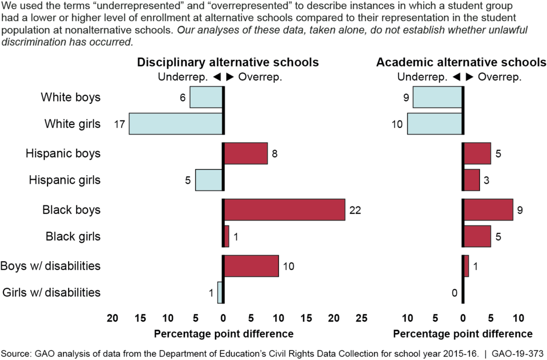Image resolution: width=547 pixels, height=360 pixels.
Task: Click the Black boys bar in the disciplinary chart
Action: [284, 209]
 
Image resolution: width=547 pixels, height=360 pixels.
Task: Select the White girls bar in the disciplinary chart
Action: [176, 123]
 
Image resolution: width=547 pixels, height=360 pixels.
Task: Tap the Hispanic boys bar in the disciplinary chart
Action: [246, 153]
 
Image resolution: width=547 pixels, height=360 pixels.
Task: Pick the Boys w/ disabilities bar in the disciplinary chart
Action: [251, 266]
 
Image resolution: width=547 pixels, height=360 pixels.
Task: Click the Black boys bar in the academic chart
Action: [488, 209]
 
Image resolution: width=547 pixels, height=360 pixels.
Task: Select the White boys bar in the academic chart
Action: [438, 97]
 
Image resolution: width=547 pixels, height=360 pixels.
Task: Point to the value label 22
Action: [356, 210]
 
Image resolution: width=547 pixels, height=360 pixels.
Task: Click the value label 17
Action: [118, 124]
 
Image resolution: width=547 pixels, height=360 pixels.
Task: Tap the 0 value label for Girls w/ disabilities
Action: [454, 292]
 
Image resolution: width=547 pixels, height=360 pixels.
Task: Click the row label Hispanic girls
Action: [64, 180]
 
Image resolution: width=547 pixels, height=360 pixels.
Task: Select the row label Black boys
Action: [71, 210]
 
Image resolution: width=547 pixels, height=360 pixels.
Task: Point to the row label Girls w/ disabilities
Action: [52, 292]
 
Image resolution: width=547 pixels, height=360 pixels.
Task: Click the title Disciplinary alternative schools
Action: [228, 62]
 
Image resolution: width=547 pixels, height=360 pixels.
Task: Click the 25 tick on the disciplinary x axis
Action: [362, 318]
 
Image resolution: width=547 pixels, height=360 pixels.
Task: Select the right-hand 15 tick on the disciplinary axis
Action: [306, 318]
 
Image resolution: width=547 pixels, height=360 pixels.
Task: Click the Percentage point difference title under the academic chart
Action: [463, 334]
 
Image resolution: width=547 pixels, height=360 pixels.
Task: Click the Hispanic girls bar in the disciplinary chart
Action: [209, 180]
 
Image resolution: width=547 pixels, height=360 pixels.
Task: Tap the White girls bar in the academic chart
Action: [435, 123]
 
